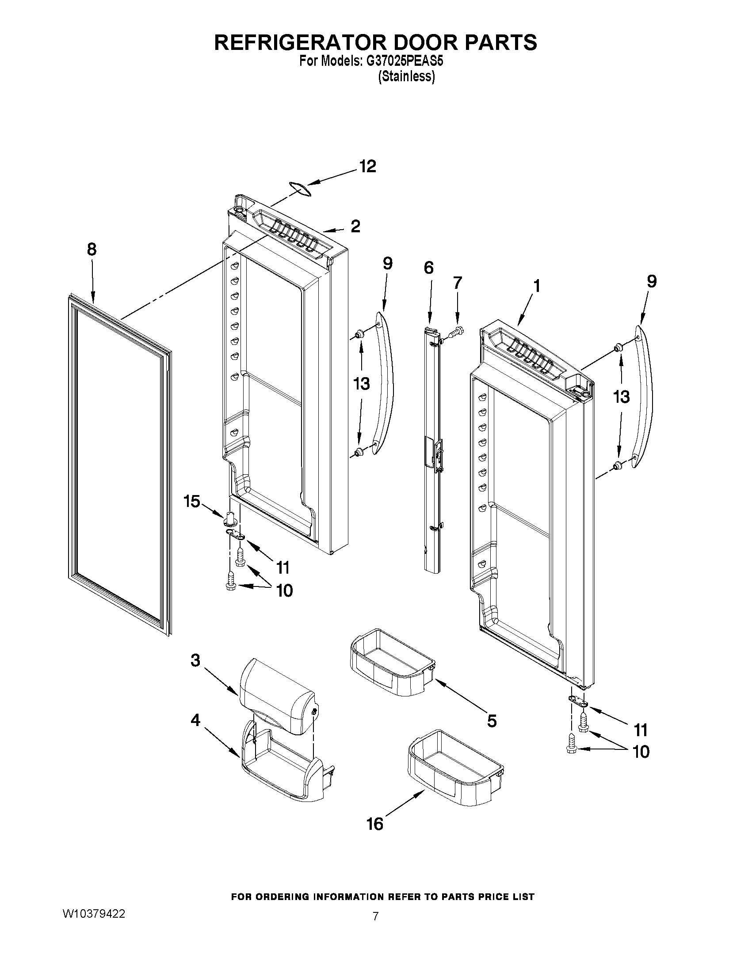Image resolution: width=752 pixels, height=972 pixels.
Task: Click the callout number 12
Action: tap(367, 166)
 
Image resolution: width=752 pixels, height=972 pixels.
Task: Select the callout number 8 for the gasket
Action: tap(92, 250)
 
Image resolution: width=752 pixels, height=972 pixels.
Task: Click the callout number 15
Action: tap(192, 502)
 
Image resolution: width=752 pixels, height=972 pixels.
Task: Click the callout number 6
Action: tap(428, 268)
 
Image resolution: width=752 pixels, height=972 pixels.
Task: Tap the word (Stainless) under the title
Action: tap(406, 76)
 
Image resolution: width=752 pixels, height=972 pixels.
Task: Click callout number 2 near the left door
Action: tap(355, 227)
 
